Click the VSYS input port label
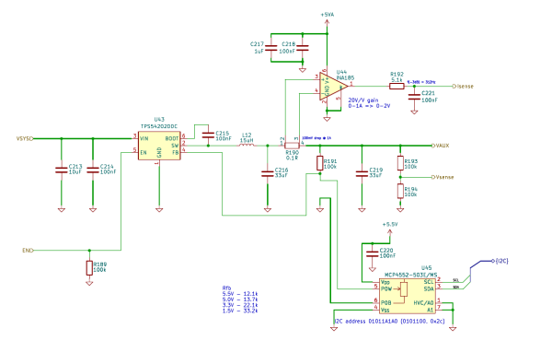24,138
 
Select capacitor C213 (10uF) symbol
62,169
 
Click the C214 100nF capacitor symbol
93,169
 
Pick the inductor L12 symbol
247,145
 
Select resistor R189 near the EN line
88,268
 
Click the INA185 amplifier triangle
328,88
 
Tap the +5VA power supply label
328,15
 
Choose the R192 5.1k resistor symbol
397,86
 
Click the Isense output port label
465,86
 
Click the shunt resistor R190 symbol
292,145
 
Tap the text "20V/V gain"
364,99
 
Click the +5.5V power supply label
390,224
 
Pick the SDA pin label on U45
428,288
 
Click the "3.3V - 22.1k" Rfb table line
240,305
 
